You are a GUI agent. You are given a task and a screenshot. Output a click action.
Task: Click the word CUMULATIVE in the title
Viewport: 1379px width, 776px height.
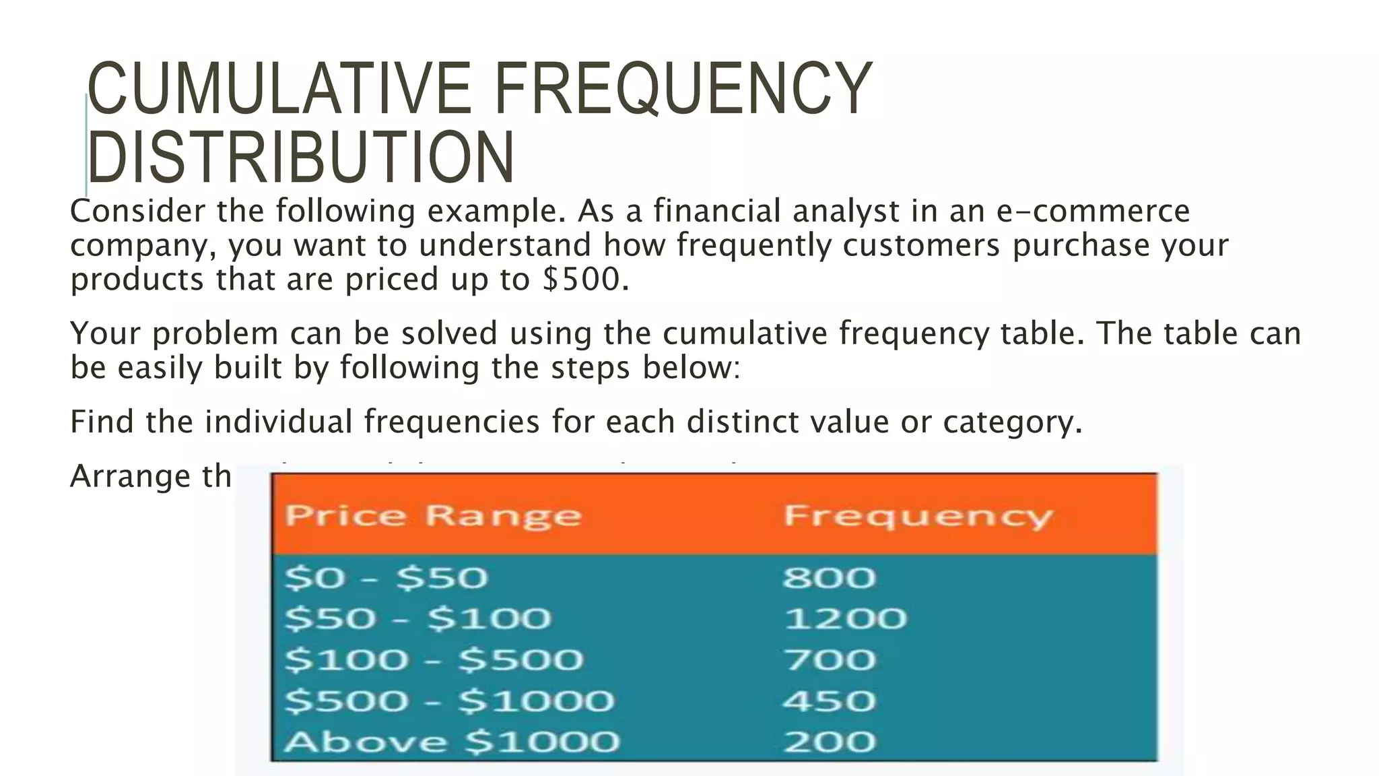[x=279, y=89]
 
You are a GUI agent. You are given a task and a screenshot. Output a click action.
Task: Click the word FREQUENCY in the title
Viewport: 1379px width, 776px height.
[x=683, y=89]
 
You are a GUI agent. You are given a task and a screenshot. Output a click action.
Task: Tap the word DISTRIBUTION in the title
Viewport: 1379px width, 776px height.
[x=301, y=158]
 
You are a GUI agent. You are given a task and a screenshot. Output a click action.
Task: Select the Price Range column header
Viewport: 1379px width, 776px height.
[x=433, y=517]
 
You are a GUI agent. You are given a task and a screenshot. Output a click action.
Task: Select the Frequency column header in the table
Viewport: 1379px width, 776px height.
[x=917, y=517]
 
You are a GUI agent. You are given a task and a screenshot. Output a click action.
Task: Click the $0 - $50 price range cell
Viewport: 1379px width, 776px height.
[x=386, y=578]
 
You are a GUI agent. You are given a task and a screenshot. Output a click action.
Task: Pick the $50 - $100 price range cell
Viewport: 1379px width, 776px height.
[x=417, y=619]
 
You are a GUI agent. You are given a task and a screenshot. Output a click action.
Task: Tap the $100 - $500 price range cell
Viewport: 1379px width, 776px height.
[x=434, y=660]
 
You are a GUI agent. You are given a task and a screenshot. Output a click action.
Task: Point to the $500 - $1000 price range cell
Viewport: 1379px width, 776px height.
[x=449, y=701]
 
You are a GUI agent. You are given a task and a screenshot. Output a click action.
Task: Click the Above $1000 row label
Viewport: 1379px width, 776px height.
[x=451, y=742]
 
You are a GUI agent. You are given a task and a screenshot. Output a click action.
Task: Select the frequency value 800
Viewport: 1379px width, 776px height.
[x=829, y=578]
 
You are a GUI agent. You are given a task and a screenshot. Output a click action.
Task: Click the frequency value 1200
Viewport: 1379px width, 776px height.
[x=845, y=619]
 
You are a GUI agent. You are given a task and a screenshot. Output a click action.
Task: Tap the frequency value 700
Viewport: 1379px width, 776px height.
[x=829, y=660]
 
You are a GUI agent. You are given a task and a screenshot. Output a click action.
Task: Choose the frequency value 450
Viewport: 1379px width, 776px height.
[x=829, y=701]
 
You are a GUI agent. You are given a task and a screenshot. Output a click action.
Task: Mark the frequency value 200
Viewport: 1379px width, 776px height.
[x=829, y=742]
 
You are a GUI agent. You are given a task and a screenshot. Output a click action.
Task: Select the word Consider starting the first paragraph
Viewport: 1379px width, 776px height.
[x=138, y=212]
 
